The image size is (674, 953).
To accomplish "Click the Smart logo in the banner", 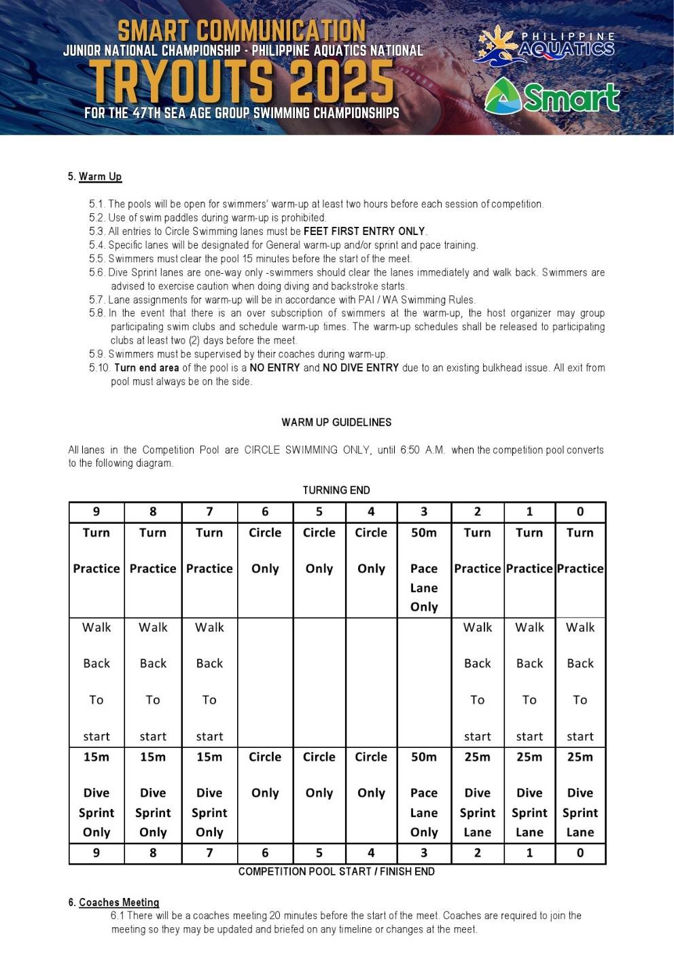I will (552, 96).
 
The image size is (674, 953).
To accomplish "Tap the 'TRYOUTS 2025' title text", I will (242, 81).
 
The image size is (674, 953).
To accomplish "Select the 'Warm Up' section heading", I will (100, 177).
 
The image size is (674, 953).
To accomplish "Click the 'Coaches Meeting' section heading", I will (119, 902).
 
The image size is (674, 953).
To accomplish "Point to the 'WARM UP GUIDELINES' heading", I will (336, 422).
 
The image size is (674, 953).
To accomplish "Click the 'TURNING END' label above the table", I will (336, 490).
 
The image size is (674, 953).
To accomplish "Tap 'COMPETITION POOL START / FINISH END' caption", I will (336, 871).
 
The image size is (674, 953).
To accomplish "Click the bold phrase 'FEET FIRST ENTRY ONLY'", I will (364, 231).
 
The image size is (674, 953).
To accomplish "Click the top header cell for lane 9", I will (96, 511).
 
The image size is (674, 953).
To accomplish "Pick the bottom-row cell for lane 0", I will (580, 852).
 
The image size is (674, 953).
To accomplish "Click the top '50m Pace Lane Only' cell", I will (424, 569).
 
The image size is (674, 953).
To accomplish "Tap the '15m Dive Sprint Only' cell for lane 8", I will (153, 794).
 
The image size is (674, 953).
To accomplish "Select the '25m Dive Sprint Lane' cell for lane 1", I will (529, 794).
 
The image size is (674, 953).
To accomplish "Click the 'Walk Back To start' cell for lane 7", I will (209, 681).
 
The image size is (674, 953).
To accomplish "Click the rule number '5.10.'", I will (99, 367).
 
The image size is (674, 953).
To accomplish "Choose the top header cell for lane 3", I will (424, 511).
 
